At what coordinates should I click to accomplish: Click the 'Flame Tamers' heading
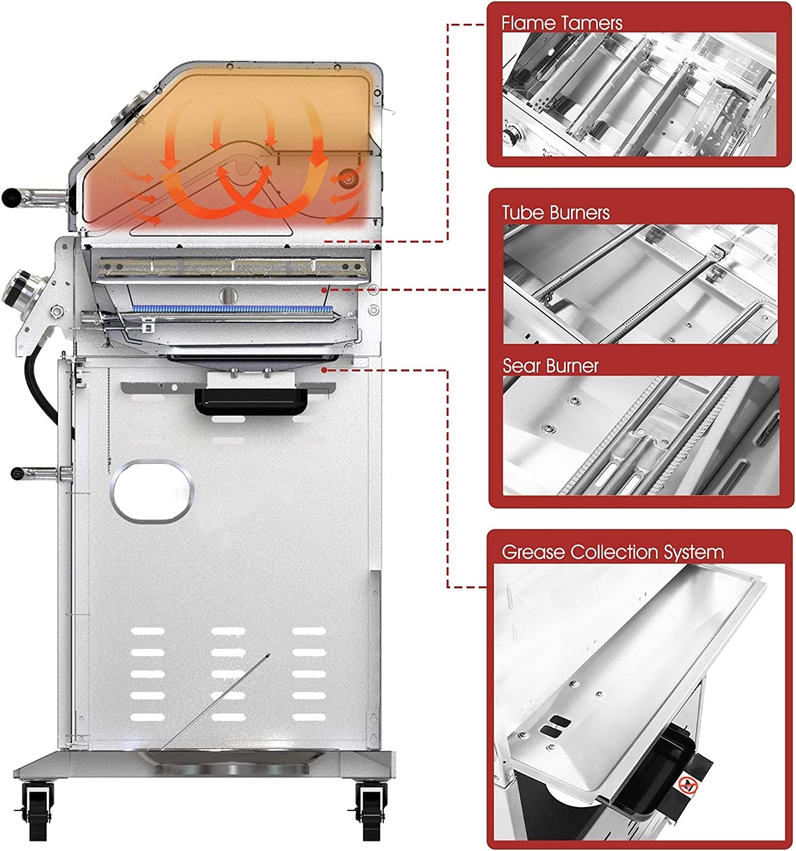[x=561, y=23]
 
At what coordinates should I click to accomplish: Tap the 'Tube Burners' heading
[x=556, y=213]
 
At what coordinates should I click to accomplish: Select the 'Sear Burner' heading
[x=551, y=366]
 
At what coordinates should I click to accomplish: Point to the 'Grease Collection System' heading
[x=612, y=552]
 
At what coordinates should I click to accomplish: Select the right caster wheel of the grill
[x=371, y=804]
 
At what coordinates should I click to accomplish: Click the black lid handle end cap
[x=11, y=196]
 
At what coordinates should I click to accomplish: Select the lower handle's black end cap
[x=18, y=472]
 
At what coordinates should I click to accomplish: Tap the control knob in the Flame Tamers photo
[x=514, y=137]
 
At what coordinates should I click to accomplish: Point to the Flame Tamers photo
[x=639, y=94]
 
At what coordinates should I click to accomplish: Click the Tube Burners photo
[x=640, y=284]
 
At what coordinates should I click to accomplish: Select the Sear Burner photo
[x=640, y=434]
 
